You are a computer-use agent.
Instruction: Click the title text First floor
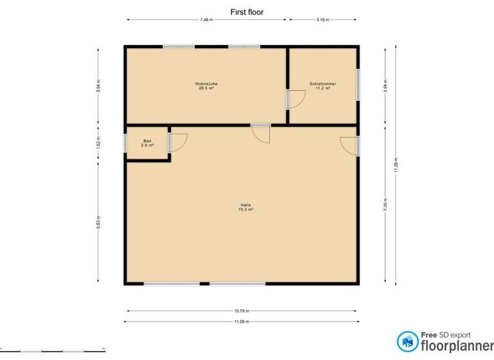pyautogui.click(x=247, y=12)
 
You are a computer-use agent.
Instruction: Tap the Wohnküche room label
pyautogui.click(x=205, y=86)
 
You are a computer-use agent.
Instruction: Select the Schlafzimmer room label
pyautogui.click(x=322, y=86)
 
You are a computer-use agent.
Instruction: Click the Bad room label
pyautogui.click(x=147, y=143)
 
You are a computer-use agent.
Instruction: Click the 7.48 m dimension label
pyautogui.click(x=206, y=20)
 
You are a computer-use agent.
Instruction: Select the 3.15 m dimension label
pyautogui.click(x=323, y=20)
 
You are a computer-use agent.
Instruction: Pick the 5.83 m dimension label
pyautogui.click(x=98, y=222)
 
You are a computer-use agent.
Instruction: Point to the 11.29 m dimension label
pyautogui.click(x=396, y=165)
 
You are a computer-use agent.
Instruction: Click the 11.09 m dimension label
pyautogui.click(x=242, y=321)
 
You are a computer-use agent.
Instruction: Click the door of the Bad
pyautogui.click(x=177, y=142)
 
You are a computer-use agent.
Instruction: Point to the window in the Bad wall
pyautogui.click(x=125, y=143)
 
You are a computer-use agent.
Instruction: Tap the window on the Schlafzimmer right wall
pyautogui.click(x=358, y=85)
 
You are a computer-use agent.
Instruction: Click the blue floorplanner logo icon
pyautogui.click(x=407, y=341)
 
